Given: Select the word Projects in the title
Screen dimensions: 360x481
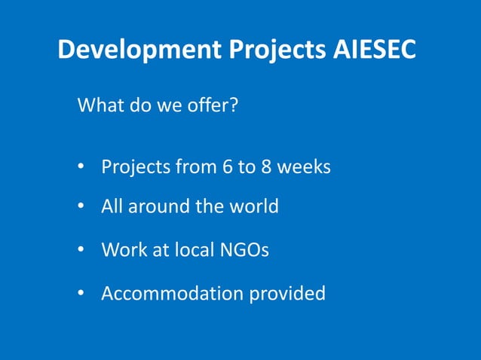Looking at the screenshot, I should pyautogui.click(x=272, y=50).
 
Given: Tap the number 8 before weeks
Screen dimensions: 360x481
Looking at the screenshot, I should pyautogui.click(x=266, y=166).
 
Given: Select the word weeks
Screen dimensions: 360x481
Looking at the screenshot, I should pyautogui.click(x=305, y=166).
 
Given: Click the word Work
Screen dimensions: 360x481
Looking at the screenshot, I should pyautogui.click(x=121, y=249).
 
